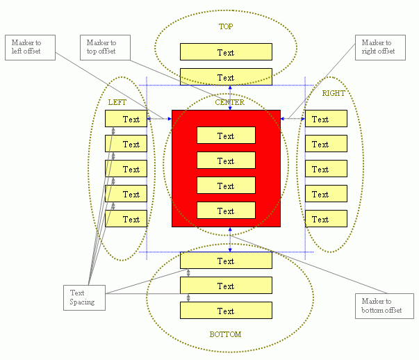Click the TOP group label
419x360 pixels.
[226, 26]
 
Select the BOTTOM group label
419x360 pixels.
[226, 334]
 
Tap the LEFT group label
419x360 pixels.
[117, 102]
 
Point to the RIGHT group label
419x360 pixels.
[334, 93]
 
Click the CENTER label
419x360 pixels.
[229, 102]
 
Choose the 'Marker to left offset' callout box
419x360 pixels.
[30, 47]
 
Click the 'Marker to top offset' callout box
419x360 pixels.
[101, 47]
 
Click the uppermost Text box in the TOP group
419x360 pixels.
[226, 52]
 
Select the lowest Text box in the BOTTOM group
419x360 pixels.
[226, 311]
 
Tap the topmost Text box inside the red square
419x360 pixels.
[226, 136]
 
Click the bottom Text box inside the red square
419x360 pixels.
[226, 211]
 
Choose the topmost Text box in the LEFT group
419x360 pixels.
[126, 119]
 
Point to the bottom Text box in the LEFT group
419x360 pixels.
[126, 219]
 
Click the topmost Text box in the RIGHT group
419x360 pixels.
[326, 119]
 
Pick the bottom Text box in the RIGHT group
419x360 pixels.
[326, 219]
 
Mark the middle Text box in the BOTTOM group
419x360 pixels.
[226, 286]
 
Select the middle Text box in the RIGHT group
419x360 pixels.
[326, 169]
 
